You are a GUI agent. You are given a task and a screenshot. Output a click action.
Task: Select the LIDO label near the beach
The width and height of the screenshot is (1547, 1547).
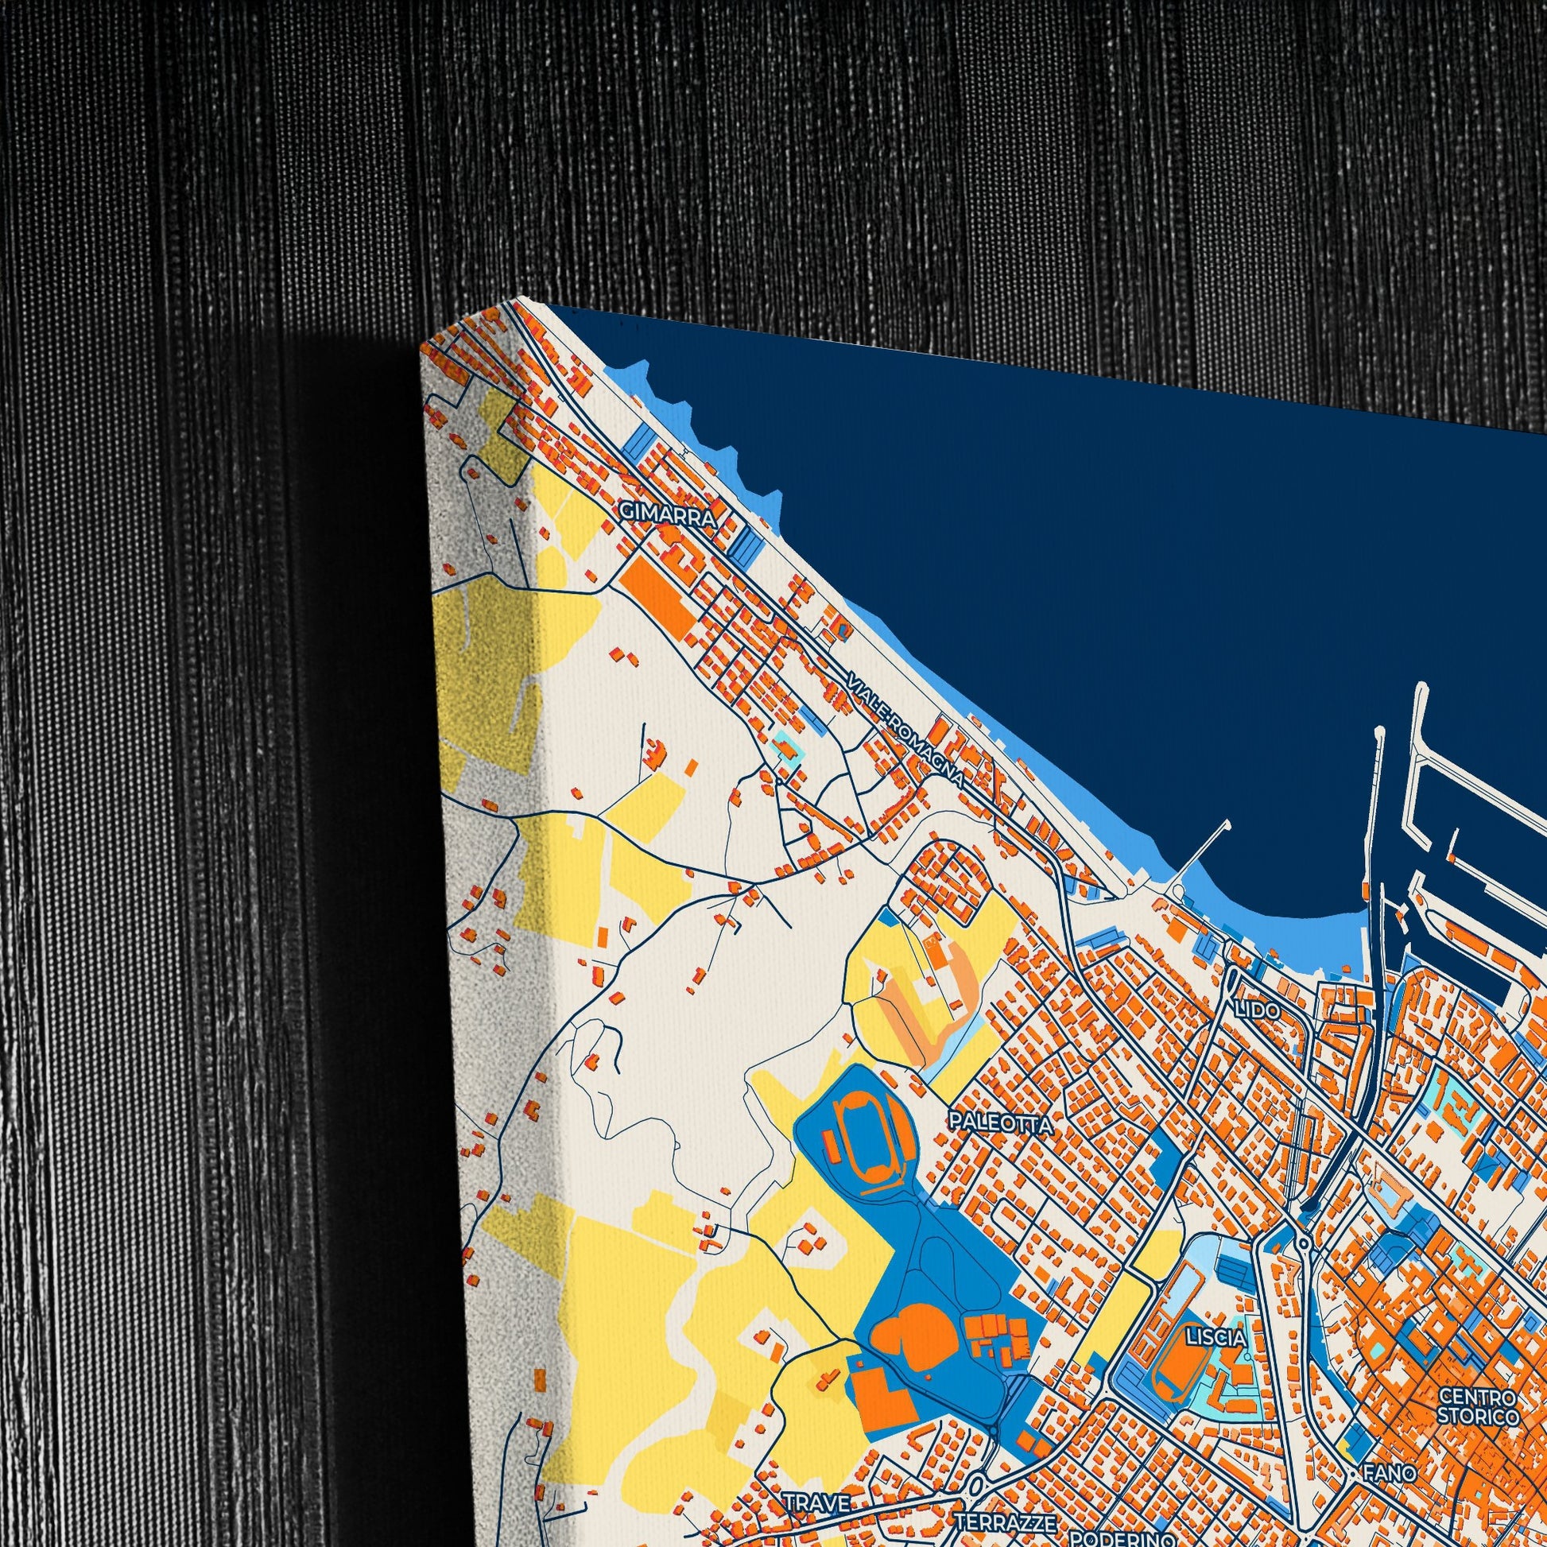click(x=1257, y=1010)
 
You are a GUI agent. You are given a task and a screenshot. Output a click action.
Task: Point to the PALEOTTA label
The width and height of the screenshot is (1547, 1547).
click(x=1000, y=1124)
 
